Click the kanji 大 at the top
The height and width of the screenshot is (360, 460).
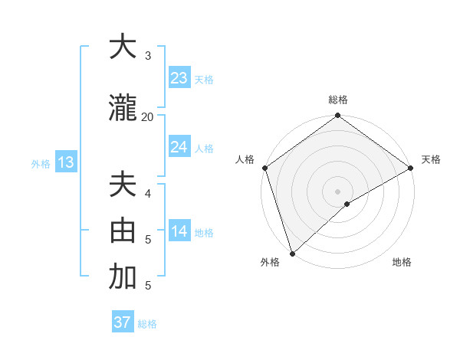123,47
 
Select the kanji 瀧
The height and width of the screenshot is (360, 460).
123,109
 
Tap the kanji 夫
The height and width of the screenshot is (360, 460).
123,186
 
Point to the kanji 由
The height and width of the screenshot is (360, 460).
123,231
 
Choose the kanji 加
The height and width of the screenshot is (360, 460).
123,277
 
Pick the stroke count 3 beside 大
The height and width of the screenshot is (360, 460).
147,55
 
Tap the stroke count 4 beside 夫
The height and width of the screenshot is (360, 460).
147,193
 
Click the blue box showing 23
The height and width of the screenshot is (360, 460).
179,78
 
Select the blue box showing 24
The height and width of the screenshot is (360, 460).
179,147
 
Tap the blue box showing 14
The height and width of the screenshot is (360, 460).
179,231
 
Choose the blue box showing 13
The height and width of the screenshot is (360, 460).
65,162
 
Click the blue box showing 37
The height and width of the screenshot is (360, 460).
122,322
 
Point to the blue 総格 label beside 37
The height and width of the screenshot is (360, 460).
147,324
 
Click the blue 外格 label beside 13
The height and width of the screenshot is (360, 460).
41,163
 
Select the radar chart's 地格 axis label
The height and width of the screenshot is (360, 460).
402,263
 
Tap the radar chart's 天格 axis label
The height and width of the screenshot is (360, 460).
431,159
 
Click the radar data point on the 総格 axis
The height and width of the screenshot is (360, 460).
337,116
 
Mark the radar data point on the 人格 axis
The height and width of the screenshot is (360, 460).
264,168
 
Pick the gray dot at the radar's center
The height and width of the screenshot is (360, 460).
337,191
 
